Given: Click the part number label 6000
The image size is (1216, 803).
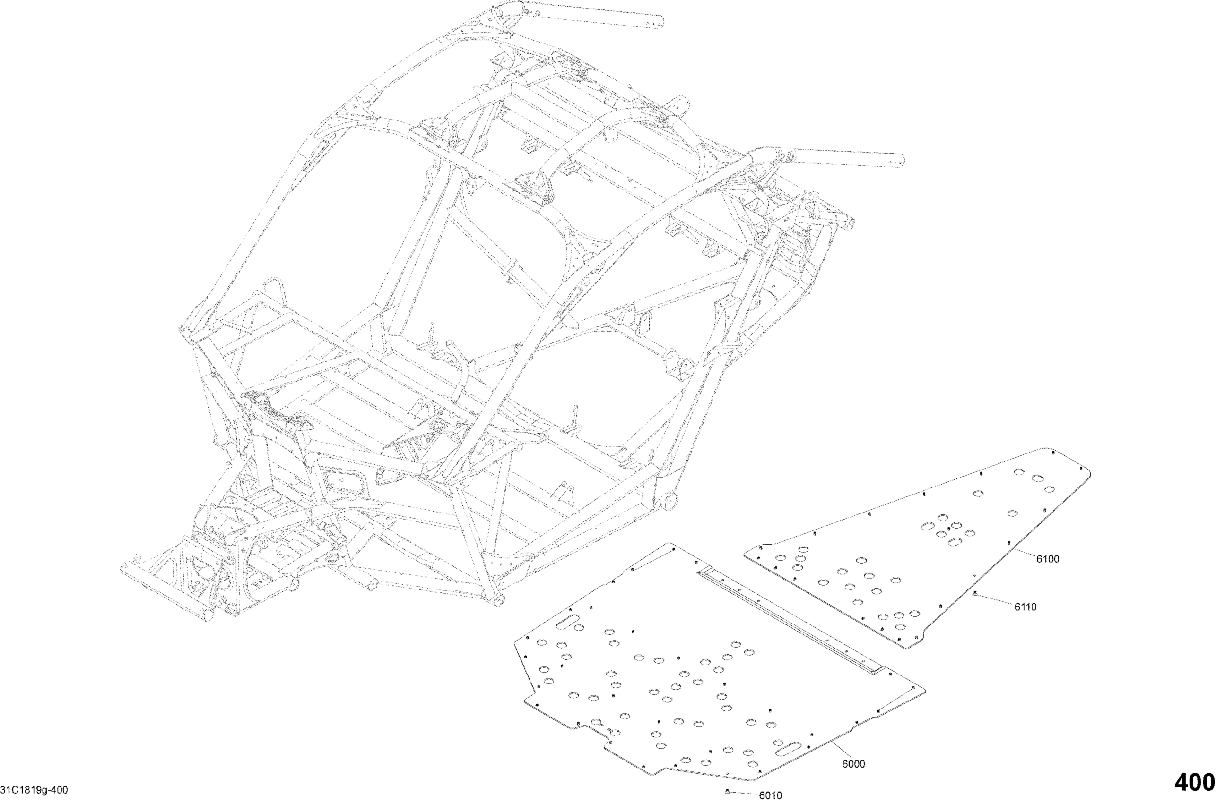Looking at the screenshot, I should [x=853, y=764].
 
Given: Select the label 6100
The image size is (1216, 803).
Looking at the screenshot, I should [x=1047, y=559].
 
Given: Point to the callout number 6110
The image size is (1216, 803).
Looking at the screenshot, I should [x=1025, y=607].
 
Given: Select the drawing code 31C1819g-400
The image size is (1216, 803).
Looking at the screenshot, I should [x=35, y=791].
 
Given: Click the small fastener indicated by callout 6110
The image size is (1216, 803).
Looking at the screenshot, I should [x=975, y=594].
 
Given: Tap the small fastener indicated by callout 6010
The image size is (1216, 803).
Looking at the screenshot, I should [x=727, y=792].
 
